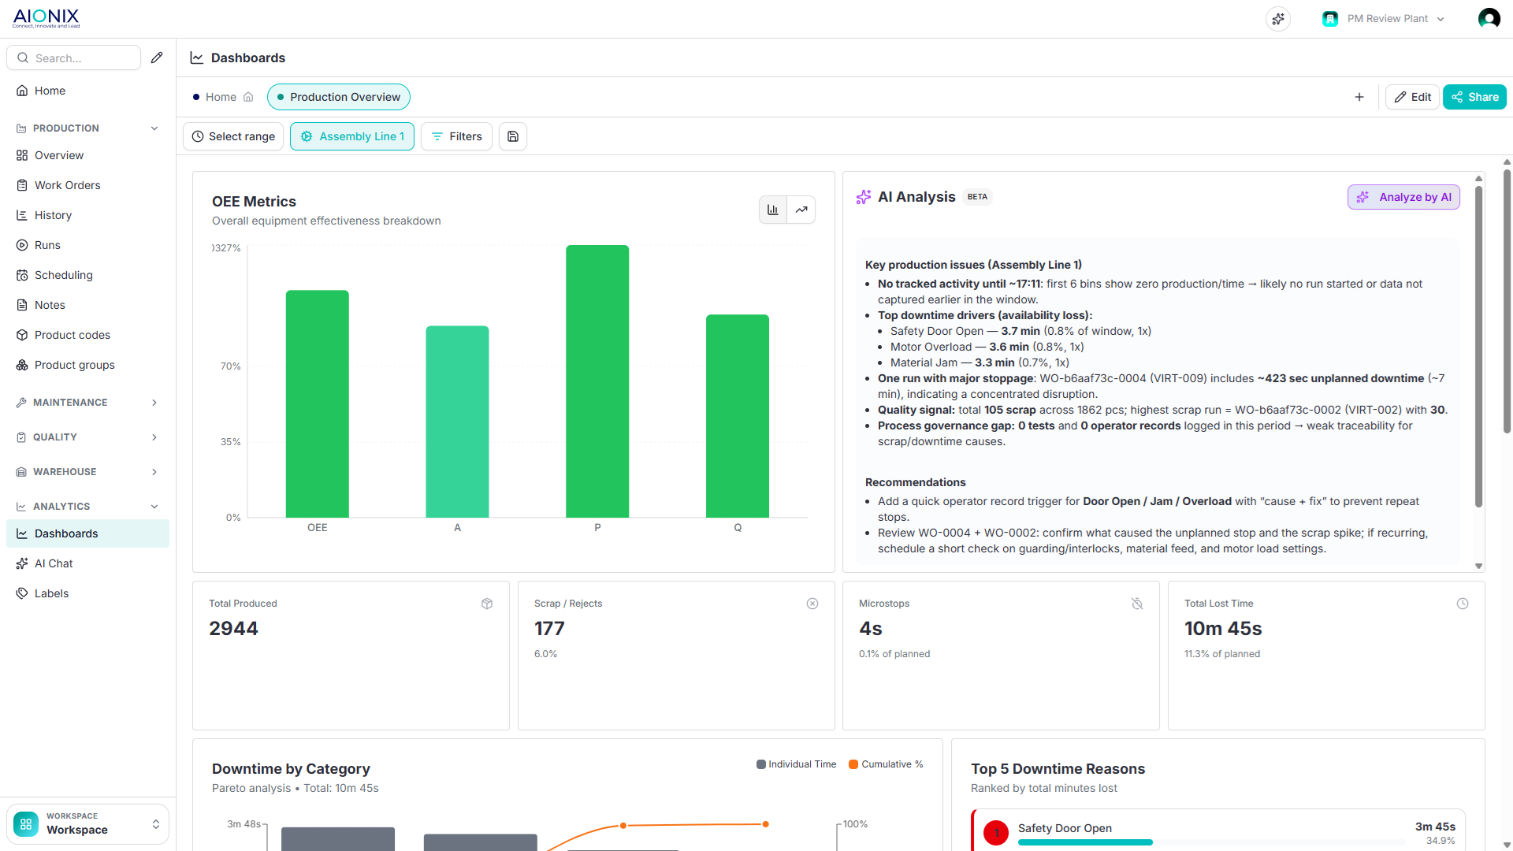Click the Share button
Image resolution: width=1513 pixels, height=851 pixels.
point(1474,97)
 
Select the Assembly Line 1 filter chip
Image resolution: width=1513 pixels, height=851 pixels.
point(352,136)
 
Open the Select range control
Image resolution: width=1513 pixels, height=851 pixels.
point(233,136)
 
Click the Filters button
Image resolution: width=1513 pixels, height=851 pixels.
point(457,136)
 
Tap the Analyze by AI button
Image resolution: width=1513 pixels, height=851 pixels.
point(1403,197)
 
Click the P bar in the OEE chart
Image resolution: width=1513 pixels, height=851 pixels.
point(597,381)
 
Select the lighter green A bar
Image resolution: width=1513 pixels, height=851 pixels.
point(457,422)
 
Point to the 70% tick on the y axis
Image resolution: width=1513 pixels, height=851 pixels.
point(230,366)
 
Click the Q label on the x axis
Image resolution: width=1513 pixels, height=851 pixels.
point(738,528)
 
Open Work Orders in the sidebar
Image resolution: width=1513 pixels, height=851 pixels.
point(68,185)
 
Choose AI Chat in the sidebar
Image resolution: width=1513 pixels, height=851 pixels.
point(54,563)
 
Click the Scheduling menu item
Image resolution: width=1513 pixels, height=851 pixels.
point(64,275)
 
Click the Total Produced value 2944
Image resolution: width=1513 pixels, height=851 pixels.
point(233,629)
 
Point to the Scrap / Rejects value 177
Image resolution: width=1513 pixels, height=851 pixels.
point(549,629)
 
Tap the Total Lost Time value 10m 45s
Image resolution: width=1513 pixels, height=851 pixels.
point(1223,629)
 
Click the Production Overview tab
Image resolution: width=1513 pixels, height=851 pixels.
point(339,97)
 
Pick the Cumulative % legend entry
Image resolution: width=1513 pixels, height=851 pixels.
point(886,764)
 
